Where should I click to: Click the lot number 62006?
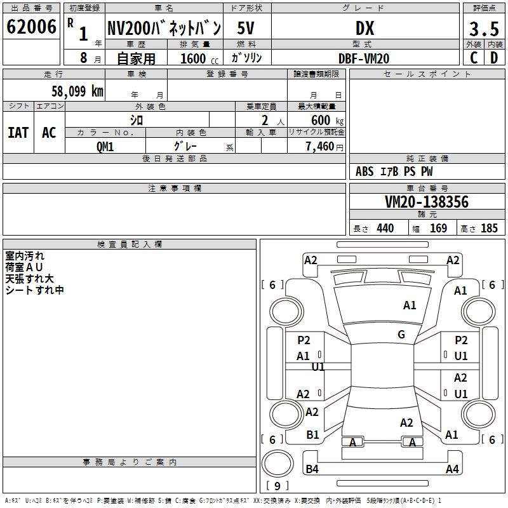[x=30, y=27]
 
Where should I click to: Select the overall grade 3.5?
[x=483, y=29]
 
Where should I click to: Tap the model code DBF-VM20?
[x=364, y=58]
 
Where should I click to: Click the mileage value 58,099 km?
[x=77, y=91]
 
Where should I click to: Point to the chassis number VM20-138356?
[x=427, y=202]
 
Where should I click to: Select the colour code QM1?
[x=105, y=146]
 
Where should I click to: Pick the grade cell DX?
[x=364, y=28]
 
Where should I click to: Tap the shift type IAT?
[x=18, y=133]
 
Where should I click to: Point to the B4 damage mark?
[x=312, y=469]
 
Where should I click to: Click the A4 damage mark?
[x=452, y=469]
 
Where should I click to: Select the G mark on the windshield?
[x=401, y=335]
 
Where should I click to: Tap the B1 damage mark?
[x=312, y=434]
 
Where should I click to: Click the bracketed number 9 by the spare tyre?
[x=277, y=486]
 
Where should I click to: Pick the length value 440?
[x=385, y=229]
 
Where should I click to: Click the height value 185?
[x=489, y=229]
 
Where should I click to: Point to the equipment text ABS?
[x=364, y=171]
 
